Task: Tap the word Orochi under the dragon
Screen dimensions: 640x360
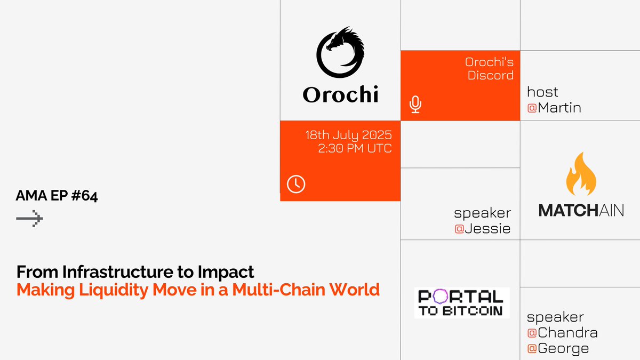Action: [x=341, y=94]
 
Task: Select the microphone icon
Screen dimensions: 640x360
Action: [x=415, y=105]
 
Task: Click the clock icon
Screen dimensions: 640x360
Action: [x=296, y=184]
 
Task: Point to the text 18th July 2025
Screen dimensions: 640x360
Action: [x=349, y=135]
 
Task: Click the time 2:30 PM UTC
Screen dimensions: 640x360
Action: [x=355, y=148]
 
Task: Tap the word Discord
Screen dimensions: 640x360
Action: [x=491, y=75]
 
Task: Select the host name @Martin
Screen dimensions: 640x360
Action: [x=554, y=108]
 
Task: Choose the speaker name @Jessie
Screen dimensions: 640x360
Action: [x=483, y=229]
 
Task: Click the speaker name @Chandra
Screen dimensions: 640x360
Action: [x=562, y=333]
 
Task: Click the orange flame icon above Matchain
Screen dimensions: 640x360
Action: [x=581, y=174]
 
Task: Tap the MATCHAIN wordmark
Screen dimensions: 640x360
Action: [x=581, y=210]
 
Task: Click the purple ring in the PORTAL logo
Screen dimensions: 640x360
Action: [x=441, y=297]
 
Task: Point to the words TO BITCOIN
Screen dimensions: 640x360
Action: [x=461, y=311]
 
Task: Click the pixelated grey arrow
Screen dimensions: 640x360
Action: [x=29, y=219]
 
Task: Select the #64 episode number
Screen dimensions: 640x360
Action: [x=85, y=196]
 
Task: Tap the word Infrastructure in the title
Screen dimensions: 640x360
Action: [x=118, y=271]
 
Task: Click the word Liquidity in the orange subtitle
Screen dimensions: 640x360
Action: [x=114, y=290]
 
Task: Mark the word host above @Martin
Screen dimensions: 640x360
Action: [x=542, y=92]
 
